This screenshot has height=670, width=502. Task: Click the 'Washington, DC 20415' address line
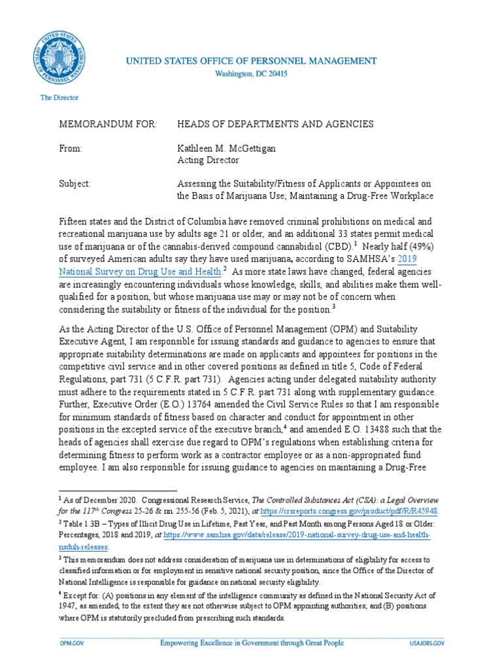[x=251, y=74]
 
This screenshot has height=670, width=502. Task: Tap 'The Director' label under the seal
[x=59, y=97]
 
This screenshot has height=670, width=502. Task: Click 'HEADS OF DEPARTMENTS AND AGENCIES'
[x=275, y=124]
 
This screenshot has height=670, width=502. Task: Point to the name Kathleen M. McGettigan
[x=227, y=149]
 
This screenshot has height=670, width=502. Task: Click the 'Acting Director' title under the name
[x=208, y=160]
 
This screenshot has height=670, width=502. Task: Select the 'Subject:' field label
[x=75, y=184]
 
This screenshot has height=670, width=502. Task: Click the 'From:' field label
[x=71, y=149]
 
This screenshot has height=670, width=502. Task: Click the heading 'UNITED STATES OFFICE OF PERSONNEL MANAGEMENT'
[x=251, y=61]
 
